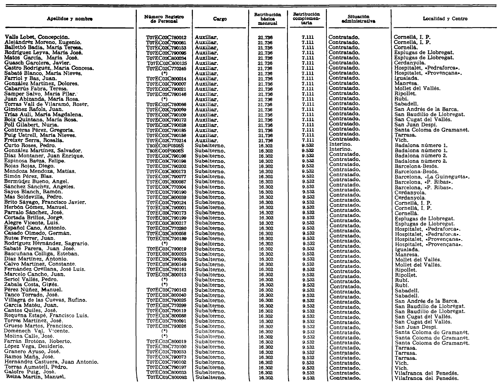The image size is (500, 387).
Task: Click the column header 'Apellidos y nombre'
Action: [70, 19]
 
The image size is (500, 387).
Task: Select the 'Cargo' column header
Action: [220, 19]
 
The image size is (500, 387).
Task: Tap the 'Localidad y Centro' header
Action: [445, 19]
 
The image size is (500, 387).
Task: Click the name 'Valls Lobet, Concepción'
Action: [37, 37]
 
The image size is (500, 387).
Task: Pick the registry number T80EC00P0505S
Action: [165, 146]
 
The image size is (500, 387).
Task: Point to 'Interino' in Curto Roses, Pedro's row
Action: [340, 144]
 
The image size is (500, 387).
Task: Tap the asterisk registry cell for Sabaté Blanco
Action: [164, 74]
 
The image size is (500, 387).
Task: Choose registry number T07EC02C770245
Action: [166, 68]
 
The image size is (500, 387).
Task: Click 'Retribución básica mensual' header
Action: [267, 19]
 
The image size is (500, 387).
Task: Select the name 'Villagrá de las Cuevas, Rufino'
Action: [45, 300]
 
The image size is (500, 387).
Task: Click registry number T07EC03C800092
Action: [167, 377]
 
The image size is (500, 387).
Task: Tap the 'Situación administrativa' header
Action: [358, 19]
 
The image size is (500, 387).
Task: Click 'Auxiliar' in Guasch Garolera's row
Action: [206, 63]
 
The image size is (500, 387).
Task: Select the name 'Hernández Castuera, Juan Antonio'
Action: [51, 362]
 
